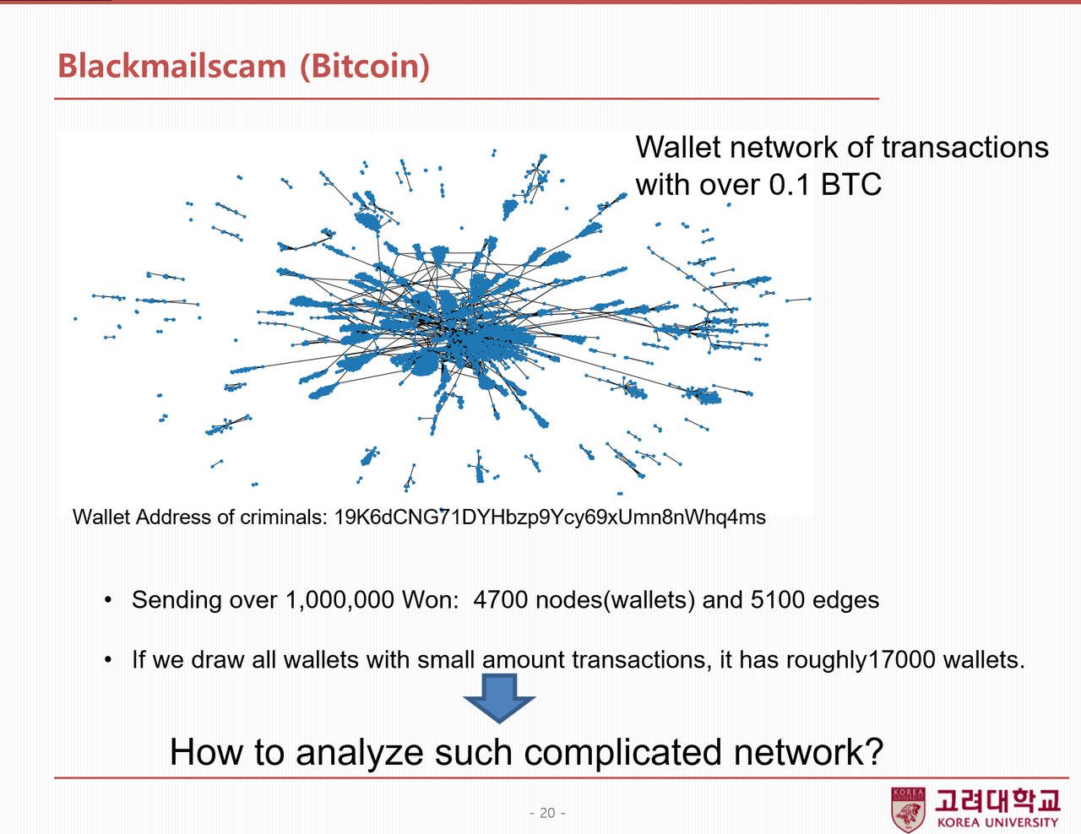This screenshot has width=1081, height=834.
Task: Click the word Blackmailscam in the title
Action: pyautogui.click(x=172, y=65)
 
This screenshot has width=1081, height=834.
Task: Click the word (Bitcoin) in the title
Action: pyautogui.click(x=365, y=66)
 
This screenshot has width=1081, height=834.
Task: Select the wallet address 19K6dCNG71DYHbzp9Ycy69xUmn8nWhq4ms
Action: pyautogui.click(x=550, y=517)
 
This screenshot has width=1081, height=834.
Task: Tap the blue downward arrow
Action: pyautogui.click(x=499, y=698)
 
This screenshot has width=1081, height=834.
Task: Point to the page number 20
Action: pyautogui.click(x=547, y=813)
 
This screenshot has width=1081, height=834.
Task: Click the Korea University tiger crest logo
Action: pyautogui.click(x=908, y=810)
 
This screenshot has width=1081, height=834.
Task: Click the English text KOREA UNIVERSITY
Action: pyautogui.click(x=997, y=823)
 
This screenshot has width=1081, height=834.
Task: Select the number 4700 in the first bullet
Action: pyautogui.click(x=501, y=600)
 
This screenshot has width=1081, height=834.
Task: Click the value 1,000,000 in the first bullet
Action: pyautogui.click(x=340, y=600)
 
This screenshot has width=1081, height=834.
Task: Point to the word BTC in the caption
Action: pyautogui.click(x=850, y=184)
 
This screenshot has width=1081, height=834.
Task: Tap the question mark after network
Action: pyautogui.click(x=875, y=752)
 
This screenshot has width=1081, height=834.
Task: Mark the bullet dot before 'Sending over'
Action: pyautogui.click(x=108, y=600)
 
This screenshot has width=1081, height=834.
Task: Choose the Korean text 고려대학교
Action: pyautogui.click(x=997, y=800)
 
